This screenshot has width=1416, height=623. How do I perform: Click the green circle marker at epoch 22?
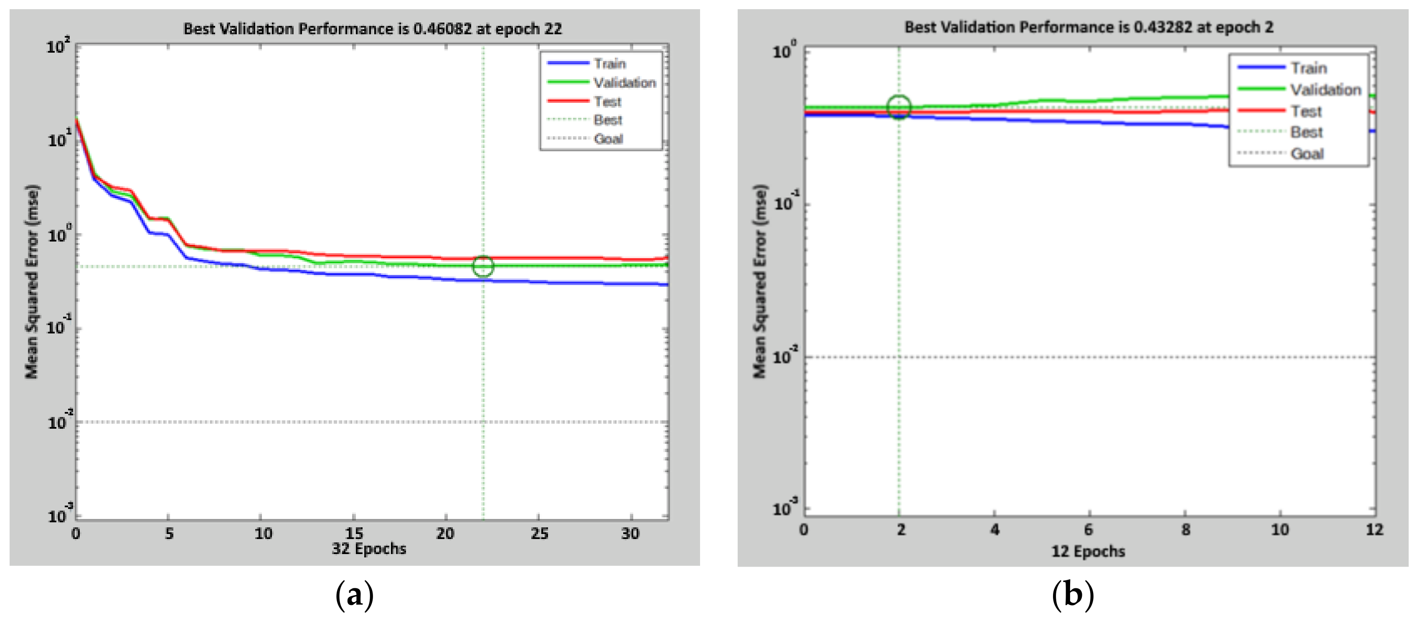(483, 266)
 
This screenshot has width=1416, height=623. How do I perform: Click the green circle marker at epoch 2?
(899, 107)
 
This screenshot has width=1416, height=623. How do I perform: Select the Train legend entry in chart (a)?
(609, 64)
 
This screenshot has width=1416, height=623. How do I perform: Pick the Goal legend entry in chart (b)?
(1307, 153)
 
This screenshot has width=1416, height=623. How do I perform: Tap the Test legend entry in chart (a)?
(607, 102)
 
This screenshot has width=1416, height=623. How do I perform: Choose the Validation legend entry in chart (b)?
(1325, 90)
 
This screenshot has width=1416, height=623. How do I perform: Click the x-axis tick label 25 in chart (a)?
(539, 533)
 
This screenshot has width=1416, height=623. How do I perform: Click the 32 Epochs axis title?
(369, 549)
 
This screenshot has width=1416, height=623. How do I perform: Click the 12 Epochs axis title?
(1088, 551)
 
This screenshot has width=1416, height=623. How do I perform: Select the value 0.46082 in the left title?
(442, 28)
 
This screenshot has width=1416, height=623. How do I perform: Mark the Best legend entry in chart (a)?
(607, 120)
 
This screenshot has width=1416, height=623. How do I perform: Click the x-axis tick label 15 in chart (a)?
(354, 533)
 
